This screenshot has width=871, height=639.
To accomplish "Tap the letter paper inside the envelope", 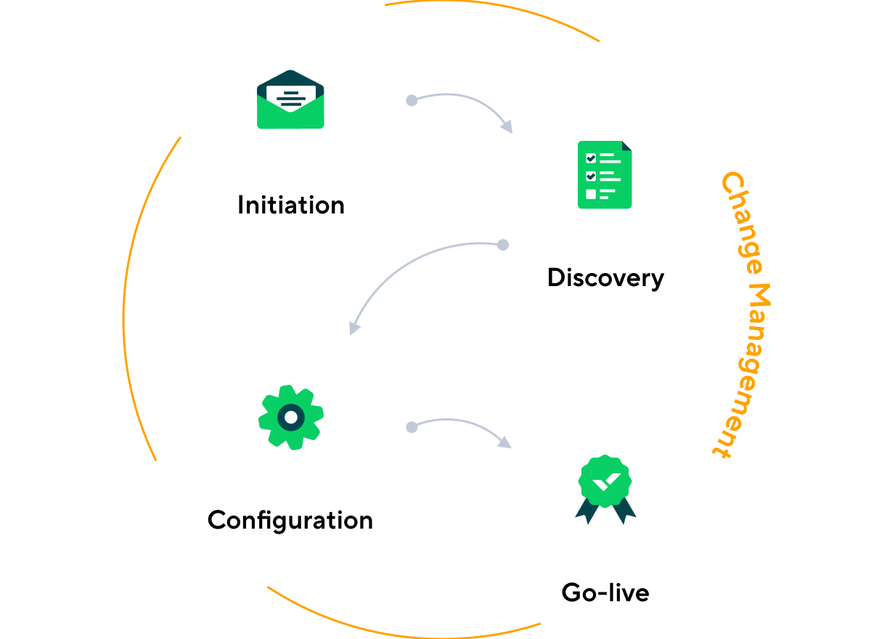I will click(290, 95).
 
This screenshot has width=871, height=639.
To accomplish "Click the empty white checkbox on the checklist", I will click(591, 194).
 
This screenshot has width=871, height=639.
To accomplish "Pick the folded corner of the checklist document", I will click(627, 145).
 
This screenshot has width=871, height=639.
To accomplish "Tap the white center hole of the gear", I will click(290, 418).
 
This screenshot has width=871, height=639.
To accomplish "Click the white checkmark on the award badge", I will click(605, 480).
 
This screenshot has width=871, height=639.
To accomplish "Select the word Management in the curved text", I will click(748, 370).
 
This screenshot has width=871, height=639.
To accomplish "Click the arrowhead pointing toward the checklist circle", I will click(507, 127).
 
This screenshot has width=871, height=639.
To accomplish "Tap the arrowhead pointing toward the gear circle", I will click(354, 327).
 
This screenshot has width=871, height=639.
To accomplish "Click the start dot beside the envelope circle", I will click(412, 100).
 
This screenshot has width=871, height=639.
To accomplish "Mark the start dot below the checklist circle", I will click(502, 245).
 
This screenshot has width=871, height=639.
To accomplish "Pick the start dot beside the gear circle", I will click(412, 427).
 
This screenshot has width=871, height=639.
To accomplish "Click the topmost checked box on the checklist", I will click(591, 158).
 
